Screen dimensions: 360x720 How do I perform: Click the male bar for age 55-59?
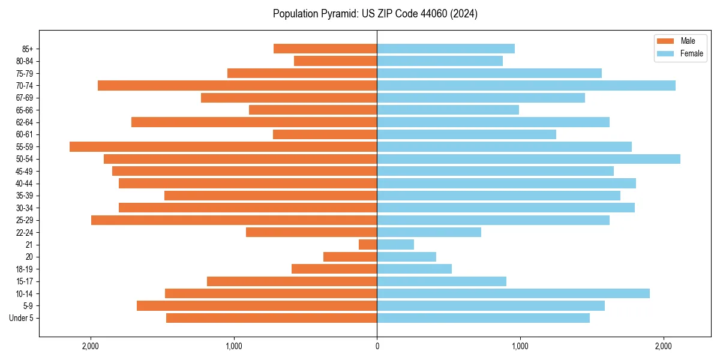point(223,146)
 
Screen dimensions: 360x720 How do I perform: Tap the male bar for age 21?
point(368,244)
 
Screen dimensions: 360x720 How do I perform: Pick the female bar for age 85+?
point(446,49)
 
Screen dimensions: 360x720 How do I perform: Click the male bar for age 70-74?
point(237,85)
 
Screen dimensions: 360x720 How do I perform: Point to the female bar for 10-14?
point(513,293)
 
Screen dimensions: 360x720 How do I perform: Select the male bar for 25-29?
point(234,220)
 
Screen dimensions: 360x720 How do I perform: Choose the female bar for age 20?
point(406,257)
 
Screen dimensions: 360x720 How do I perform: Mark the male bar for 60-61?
point(325,134)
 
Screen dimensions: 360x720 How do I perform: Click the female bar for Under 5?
point(483,318)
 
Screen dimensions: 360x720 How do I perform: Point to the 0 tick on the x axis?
point(377,346)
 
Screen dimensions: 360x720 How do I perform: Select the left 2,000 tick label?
point(91,346)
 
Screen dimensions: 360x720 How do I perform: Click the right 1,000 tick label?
point(520,346)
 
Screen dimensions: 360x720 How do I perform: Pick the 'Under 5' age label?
point(21,318)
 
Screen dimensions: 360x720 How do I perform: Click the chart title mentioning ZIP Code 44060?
point(375,14)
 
